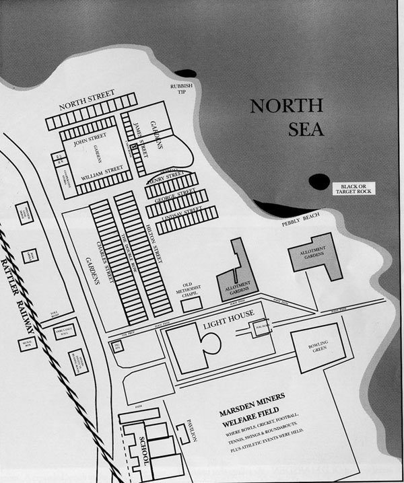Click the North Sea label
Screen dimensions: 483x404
click(287, 117)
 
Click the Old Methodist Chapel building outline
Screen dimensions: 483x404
click(191, 304)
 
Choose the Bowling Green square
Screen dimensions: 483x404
click(317, 348)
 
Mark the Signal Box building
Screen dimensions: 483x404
click(28, 344)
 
